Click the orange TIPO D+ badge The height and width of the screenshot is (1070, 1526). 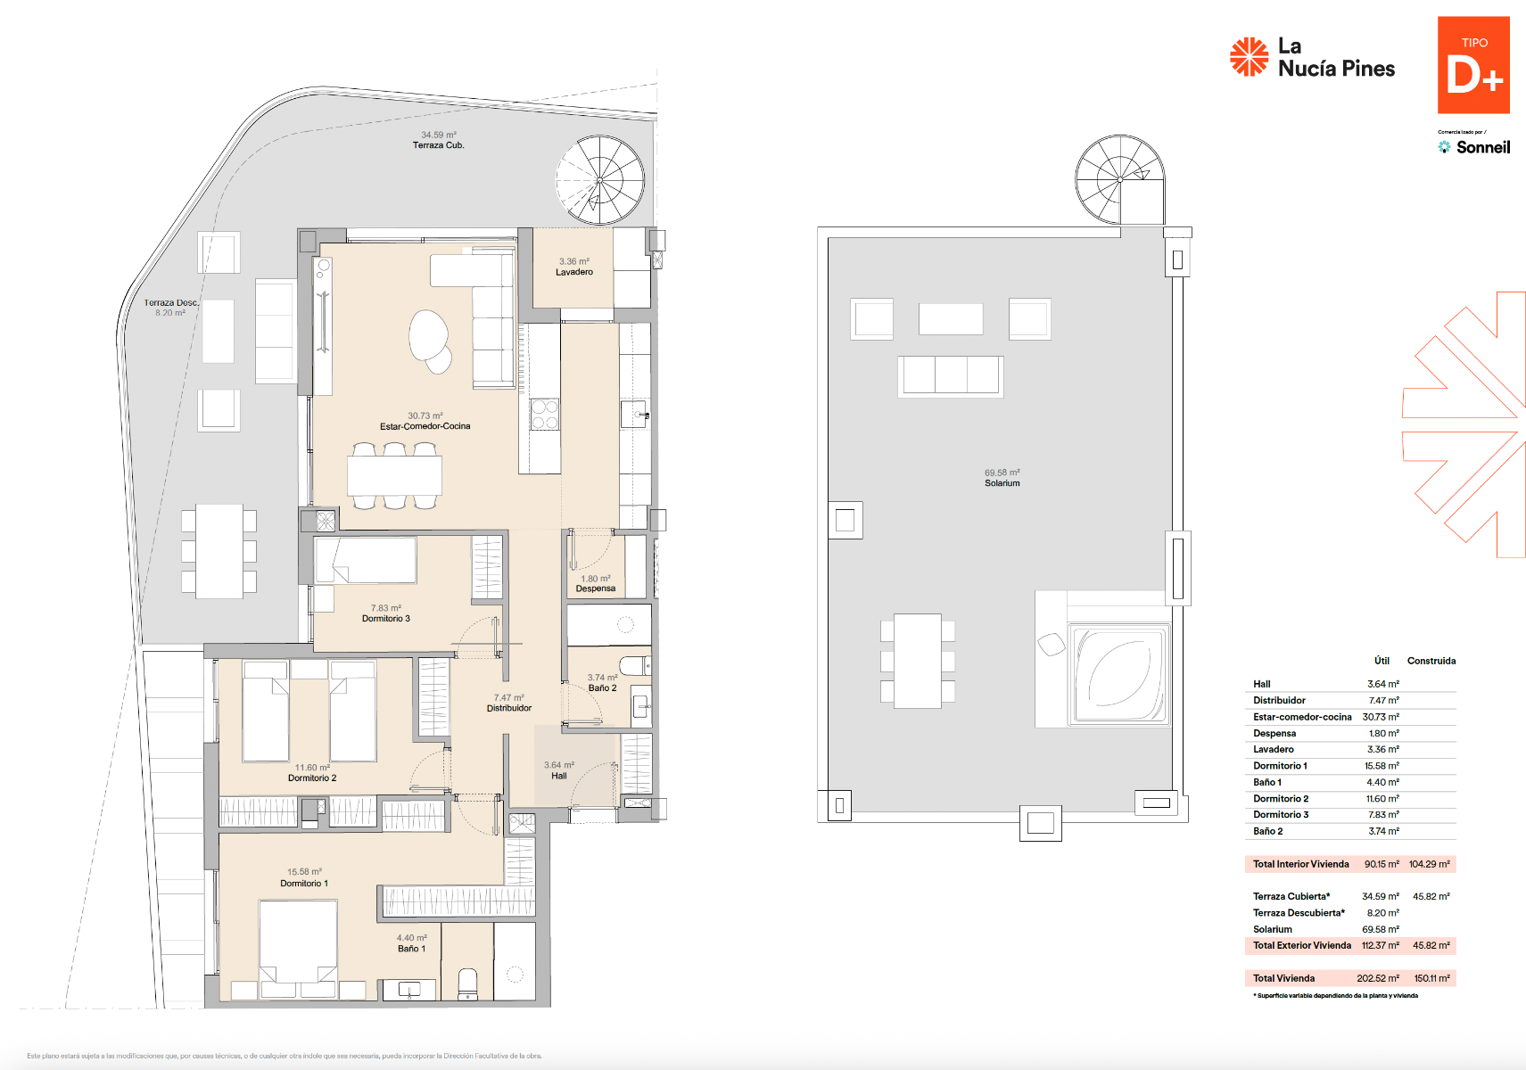point(1472,65)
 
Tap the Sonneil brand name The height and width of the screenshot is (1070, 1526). point(1482,147)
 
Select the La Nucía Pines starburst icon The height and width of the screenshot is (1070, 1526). point(1249,56)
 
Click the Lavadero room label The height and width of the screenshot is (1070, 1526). point(573,272)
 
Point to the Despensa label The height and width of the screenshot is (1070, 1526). point(595,588)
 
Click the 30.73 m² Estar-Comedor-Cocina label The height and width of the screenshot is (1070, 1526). point(425,421)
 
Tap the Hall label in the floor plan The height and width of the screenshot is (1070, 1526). point(558,776)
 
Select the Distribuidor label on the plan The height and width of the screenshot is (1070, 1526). point(508,708)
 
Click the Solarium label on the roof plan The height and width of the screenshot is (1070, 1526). point(1002,483)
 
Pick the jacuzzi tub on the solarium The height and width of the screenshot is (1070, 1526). point(1120,674)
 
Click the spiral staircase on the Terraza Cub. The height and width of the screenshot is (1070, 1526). point(599,179)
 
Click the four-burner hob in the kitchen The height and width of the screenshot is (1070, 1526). point(544,415)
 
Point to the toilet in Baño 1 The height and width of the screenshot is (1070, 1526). point(467,983)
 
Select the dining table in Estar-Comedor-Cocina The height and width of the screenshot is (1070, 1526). point(394,476)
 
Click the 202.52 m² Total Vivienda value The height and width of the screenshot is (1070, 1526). point(1377,978)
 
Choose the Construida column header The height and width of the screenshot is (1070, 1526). point(1431,661)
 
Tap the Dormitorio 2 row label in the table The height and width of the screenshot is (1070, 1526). point(1280,799)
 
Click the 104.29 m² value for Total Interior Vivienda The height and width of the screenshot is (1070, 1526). point(1429,864)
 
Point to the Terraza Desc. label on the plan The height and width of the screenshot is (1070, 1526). point(170,303)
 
